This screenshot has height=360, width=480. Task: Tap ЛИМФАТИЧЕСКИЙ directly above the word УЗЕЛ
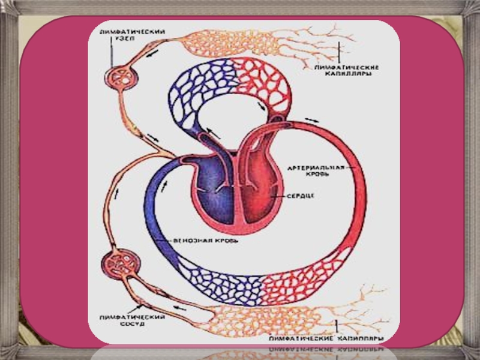coord(125,31)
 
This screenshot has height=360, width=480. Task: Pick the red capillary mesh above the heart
coord(260,81)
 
